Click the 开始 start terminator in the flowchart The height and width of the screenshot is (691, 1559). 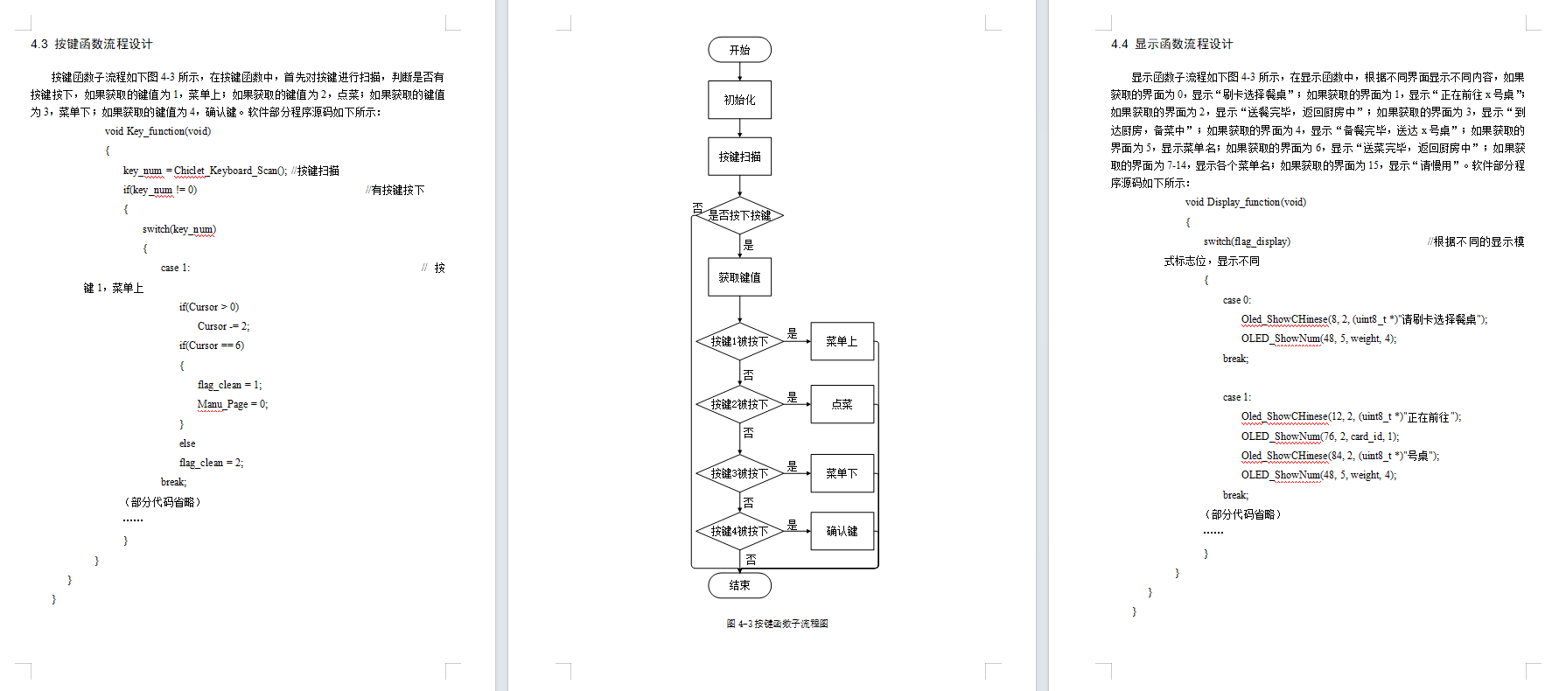739,50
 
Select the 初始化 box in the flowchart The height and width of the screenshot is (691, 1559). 739,100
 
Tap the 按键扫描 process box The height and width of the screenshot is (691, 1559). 739,157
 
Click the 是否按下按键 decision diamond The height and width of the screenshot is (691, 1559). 739,215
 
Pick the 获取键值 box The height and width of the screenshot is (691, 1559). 739,277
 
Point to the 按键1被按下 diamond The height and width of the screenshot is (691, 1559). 739,341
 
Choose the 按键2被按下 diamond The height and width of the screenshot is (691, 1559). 739,404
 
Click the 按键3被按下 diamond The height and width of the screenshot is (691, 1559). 739,473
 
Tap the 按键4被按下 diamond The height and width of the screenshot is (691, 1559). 739,531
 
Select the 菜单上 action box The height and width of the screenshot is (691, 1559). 842,341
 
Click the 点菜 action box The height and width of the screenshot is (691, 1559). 842,404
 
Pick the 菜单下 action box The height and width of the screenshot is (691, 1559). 842,473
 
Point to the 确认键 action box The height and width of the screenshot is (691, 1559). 842,531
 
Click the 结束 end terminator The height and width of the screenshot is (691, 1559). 739,585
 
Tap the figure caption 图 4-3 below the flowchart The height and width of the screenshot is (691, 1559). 777,624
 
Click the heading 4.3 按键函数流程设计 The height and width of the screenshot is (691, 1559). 92,44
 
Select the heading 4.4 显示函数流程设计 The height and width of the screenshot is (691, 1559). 1171,44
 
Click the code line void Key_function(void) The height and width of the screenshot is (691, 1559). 157,131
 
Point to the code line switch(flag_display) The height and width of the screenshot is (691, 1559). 1247,241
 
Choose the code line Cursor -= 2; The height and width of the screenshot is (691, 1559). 223,326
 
